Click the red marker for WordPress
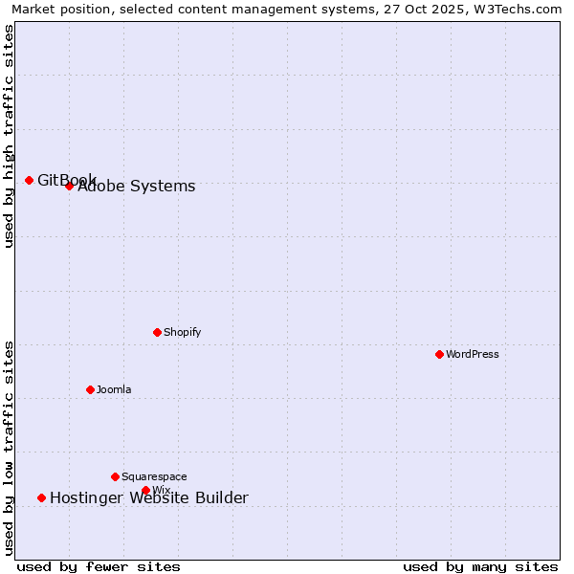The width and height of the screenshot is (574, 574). pyautogui.click(x=439, y=354)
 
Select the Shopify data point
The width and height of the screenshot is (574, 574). pyautogui.click(x=157, y=332)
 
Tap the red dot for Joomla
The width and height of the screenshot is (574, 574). pyautogui.click(x=90, y=389)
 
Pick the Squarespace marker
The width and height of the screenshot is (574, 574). pyautogui.click(x=115, y=476)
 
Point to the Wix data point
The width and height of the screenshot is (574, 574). pyautogui.click(x=145, y=490)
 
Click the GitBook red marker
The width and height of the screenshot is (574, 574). pyautogui.click(x=29, y=180)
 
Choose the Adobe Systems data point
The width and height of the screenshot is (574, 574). pyautogui.click(x=69, y=186)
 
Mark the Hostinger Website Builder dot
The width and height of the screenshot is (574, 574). pyautogui.click(x=41, y=497)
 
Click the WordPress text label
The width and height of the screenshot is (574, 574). pyautogui.click(x=473, y=354)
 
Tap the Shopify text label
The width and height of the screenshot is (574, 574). pyautogui.click(x=182, y=332)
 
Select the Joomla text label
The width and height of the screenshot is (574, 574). pyautogui.click(x=114, y=389)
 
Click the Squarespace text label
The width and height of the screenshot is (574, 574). pyautogui.click(x=154, y=476)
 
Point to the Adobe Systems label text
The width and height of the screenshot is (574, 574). pyautogui.click(x=137, y=187)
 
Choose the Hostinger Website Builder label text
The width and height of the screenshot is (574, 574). pyautogui.click(x=149, y=497)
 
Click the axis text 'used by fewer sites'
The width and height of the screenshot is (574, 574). pyautogui.click(x=99, y=566)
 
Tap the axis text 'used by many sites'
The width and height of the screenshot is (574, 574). pyautogui.click(x=480, y=566)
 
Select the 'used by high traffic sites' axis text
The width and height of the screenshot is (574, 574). pyautogui.click(x=9, y=136)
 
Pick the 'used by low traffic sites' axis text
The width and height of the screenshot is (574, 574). pyautogui.click(x=9, y=448)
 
